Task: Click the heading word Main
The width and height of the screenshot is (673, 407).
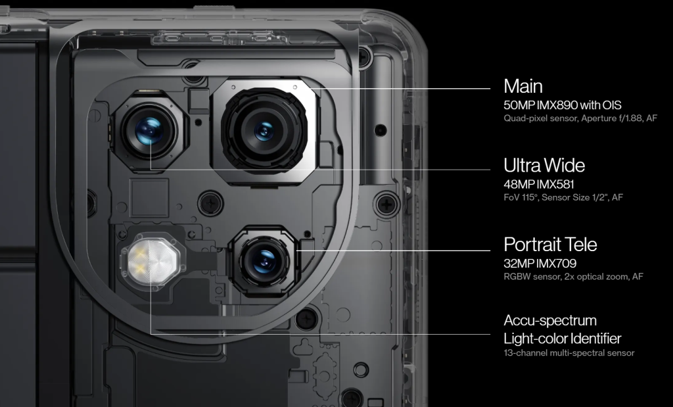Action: [523, 86]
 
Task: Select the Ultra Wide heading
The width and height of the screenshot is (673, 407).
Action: [544, 165]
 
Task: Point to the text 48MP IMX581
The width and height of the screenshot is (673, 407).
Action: [539, 184]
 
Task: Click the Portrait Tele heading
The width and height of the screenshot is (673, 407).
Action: [550, 245]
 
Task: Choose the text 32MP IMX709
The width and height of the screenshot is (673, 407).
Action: [540, 263]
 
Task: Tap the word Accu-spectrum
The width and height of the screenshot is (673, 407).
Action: [550, 321]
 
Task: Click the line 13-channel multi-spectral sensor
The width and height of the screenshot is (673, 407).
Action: [569, 353]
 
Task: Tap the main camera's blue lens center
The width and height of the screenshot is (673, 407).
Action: [264, 130]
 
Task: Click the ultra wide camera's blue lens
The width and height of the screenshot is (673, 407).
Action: [149, 130]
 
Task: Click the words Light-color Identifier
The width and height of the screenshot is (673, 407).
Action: [563, 339]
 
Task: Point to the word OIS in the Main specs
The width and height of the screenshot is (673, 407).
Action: [612, 105]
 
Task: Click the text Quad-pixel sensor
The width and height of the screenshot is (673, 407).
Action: [540, 118]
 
